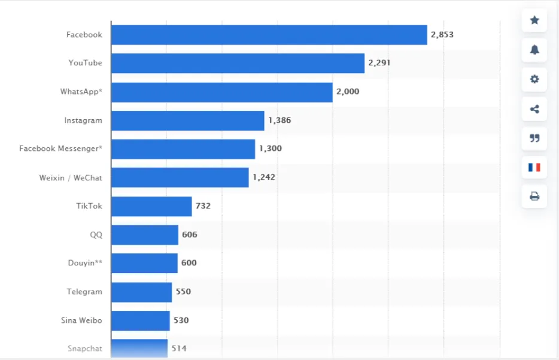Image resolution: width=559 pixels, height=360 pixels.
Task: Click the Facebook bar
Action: pyautogui.click(x=269, y=35)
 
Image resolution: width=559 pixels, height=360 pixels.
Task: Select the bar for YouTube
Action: pyautogui.click(x=238, y=63)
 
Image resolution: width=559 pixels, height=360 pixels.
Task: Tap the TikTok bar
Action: pyautogui.click(x=151, y=206)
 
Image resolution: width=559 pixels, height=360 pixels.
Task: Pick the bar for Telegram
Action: pyautogui.click(x=141, y=292)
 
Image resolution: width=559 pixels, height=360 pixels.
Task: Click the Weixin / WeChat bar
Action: pyautogui.click(x=180, y=177)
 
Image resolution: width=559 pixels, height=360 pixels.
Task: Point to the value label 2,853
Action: pyautogui.click(x=442, y=35)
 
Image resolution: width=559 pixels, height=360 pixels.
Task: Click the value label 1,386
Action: pyautogui.click(x=279, y=120)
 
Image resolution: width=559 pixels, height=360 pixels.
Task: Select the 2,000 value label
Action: pyautogui.click(x=348, y=92)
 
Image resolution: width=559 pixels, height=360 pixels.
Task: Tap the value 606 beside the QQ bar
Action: pyautogui.click(x=190, y=235)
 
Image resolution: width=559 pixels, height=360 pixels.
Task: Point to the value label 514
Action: pyautogui.click(x=179, y=348)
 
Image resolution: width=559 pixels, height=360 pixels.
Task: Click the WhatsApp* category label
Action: pyautogui.click(x=81, y=92)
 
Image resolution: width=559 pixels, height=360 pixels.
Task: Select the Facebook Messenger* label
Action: pyautogui.click(x=60, y=149)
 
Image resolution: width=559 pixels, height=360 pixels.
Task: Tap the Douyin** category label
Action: pyautogui.click(x=85, y=263)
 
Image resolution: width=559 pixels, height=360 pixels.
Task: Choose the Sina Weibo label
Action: pyautogui.click(x=81, y=320)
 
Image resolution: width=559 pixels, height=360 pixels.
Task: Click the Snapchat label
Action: pyautogui.click(x=84, y=349)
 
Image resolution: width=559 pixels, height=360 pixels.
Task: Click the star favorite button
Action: pyautogui.click(x=534, y=20)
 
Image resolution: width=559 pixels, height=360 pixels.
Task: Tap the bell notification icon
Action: pyautogui.click(x=534, y=50)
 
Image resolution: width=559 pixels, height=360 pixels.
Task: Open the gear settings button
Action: pyautogui.click(x=534, y=79)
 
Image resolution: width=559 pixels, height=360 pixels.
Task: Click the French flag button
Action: pyautogui.click(x=534, y=167)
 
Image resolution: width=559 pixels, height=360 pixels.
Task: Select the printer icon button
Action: pyautogui.click(x=534, y=196)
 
